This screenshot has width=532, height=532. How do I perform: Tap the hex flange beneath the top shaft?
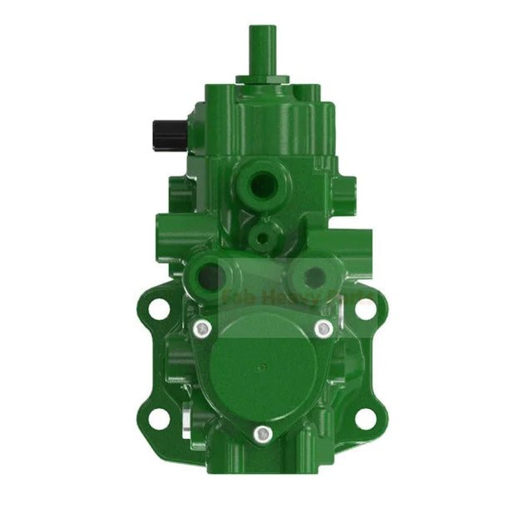[x=262, y=80]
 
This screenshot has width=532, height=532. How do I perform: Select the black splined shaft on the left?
[x=161, y=131]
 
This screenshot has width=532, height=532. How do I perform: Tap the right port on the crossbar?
[x=313, y=276]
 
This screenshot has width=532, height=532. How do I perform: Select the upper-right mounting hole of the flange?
[x=363, y=308]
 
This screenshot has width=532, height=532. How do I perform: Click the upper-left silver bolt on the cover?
[x=200, y=329]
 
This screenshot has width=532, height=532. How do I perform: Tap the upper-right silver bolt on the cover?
[x=324, y=329]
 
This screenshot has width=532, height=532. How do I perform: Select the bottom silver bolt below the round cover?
[x=262, y=433]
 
